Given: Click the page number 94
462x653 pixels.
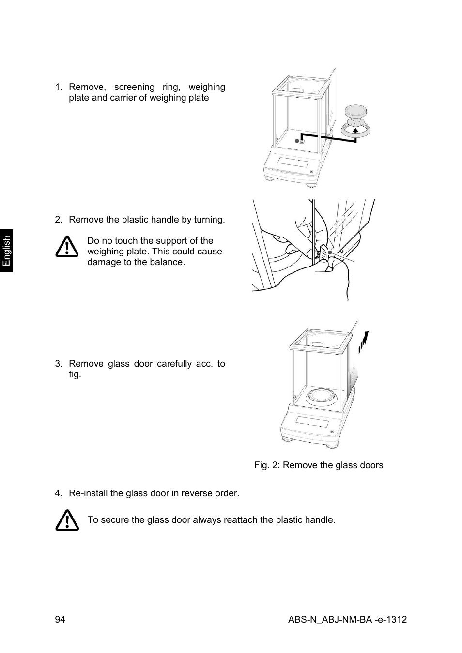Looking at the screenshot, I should coord(60,620).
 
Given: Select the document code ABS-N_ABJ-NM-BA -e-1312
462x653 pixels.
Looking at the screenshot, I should coord(347,620).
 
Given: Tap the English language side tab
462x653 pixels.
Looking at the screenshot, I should coord(6,251).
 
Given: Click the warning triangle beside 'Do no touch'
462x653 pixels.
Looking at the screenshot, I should coord(67,247).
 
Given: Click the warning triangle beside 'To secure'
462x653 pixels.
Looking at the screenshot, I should coord(67,520).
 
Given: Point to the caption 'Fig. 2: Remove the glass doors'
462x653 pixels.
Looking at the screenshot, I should coord(319,465).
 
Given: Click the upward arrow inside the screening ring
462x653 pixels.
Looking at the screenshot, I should coord(355,130).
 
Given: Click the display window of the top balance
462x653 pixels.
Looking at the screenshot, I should coord(292,163).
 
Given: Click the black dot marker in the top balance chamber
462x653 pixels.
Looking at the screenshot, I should coord(297,141).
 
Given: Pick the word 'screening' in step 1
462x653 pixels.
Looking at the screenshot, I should coord(134,87).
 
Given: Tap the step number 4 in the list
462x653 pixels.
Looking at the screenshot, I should coord(58,493).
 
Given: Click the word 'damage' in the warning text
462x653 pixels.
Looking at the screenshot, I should coord(103,262).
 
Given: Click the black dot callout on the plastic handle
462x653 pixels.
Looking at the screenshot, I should coord(329,252).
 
